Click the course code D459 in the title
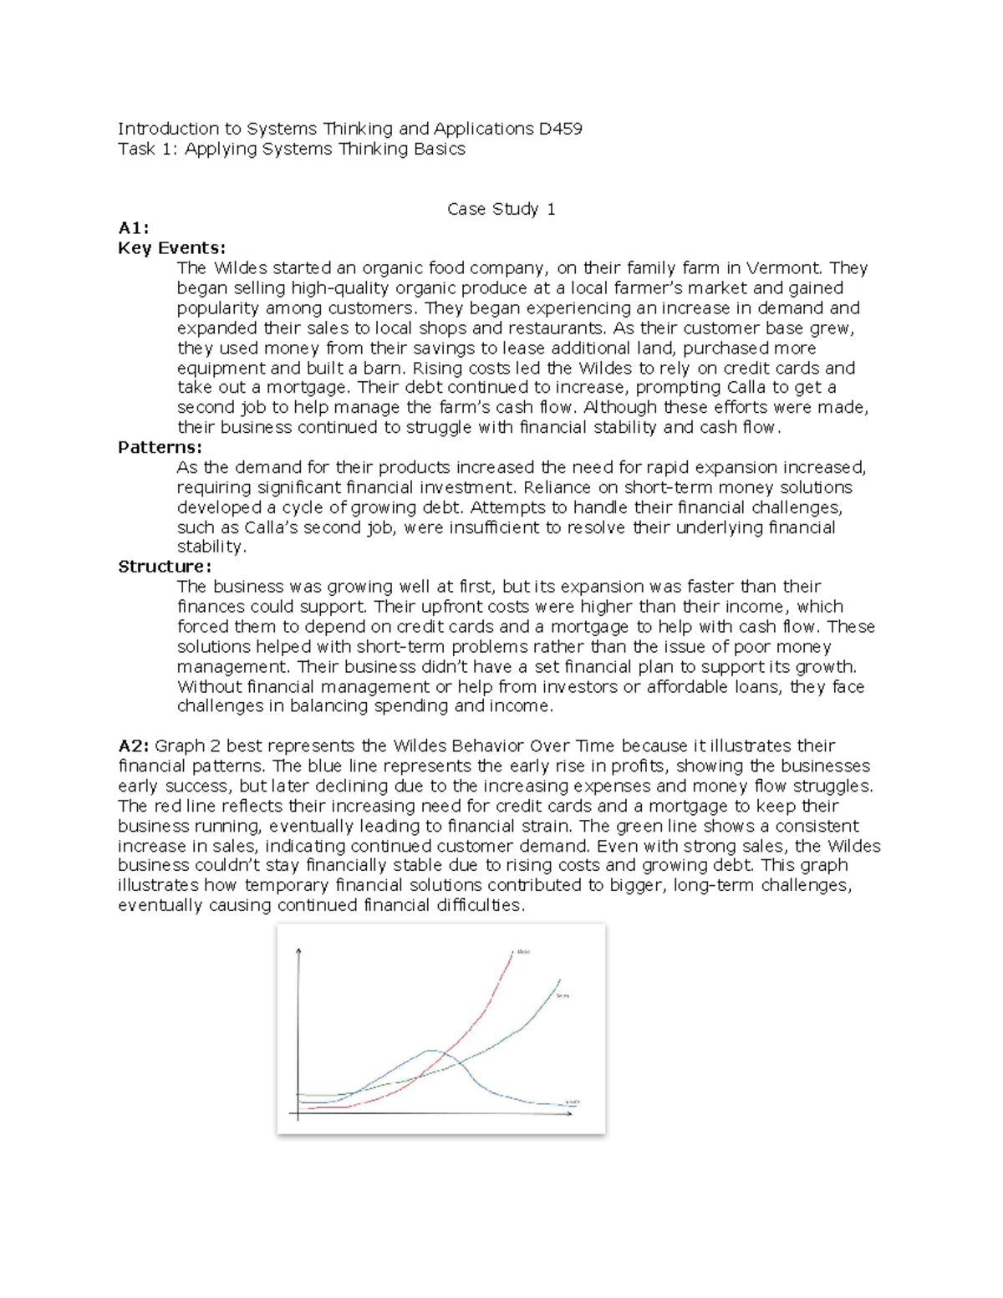click(x=560, y=129)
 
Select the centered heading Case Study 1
click(x=501, y=209)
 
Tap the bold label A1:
click(x=133, y=228)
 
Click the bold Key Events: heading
click(x=171, y=248)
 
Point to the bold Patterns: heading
click(x=160, y=447)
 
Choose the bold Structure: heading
click(x=165, y=567)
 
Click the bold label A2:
click(x=134, y=746)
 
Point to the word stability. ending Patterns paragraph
click(x=211, y=547)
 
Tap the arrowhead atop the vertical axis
click(x=298, y=951)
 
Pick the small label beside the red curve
click(x=524, y=951)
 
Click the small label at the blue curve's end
click(x=573, y=1102)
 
